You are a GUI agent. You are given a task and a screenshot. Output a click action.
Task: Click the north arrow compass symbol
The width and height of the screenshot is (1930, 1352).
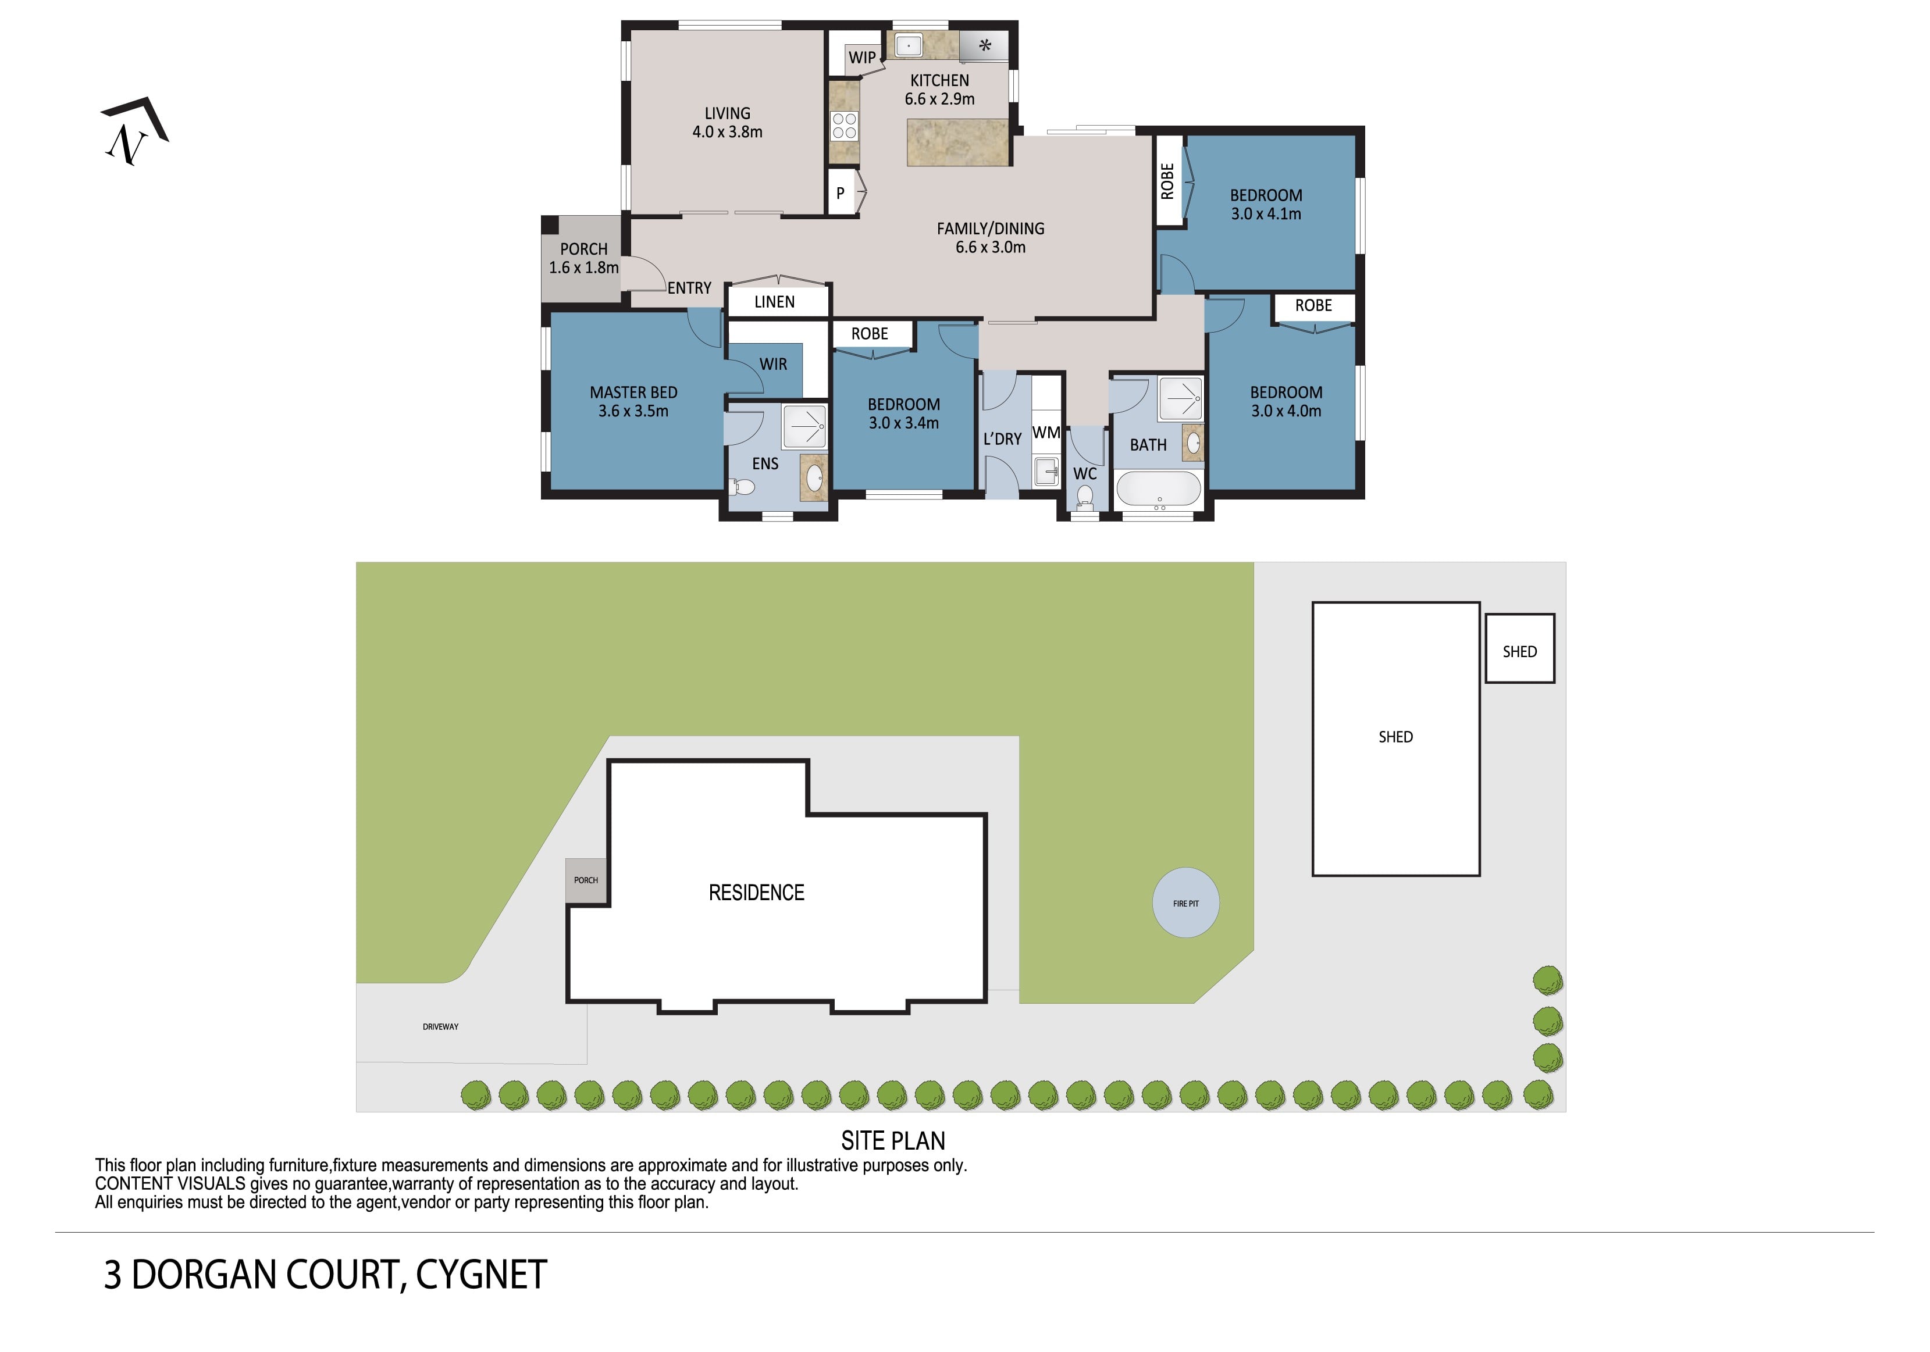[134, 131]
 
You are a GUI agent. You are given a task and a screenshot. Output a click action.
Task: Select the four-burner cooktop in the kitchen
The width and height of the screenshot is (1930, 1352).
[844, 126]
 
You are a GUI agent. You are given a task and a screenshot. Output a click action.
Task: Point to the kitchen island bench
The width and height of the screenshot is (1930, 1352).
[957, 142]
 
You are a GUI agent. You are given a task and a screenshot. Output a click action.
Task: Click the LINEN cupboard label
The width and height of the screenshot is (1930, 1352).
[774, 302]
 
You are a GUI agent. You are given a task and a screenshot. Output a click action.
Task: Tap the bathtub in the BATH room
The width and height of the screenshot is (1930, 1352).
[1158, 490]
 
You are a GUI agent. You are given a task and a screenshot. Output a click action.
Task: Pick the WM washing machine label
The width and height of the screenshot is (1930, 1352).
[1046, 433]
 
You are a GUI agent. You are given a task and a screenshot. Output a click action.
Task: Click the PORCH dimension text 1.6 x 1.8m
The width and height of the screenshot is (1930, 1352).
[583, 267]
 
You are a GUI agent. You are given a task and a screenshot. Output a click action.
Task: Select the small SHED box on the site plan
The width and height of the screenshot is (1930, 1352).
[1519, 648]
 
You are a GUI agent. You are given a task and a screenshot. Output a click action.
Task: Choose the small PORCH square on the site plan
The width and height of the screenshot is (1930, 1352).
[586, 880]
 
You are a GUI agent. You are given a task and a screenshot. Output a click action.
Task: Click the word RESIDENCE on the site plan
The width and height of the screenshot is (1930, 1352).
[757, 893]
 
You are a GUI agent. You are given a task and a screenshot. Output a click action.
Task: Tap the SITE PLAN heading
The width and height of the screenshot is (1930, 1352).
[893, 1140]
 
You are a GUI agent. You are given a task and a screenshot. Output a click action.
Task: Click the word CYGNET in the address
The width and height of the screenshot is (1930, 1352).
[481, 1275]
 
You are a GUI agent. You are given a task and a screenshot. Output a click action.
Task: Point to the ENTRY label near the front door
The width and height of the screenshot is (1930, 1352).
[689, 288]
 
